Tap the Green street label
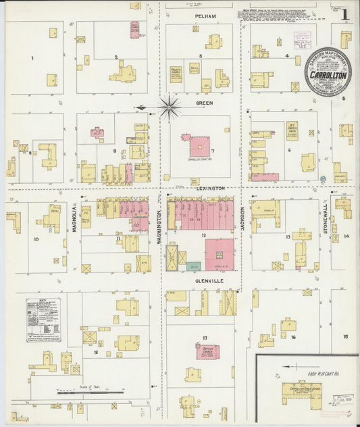(204, 103)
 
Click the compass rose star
(168, 106)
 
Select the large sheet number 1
(344, 14)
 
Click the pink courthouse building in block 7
(199, 146)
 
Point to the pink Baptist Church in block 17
(207, 351)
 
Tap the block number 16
(293, 336)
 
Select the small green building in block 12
(194, 266)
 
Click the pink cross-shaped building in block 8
(97, 132)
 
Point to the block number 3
(200, 55)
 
